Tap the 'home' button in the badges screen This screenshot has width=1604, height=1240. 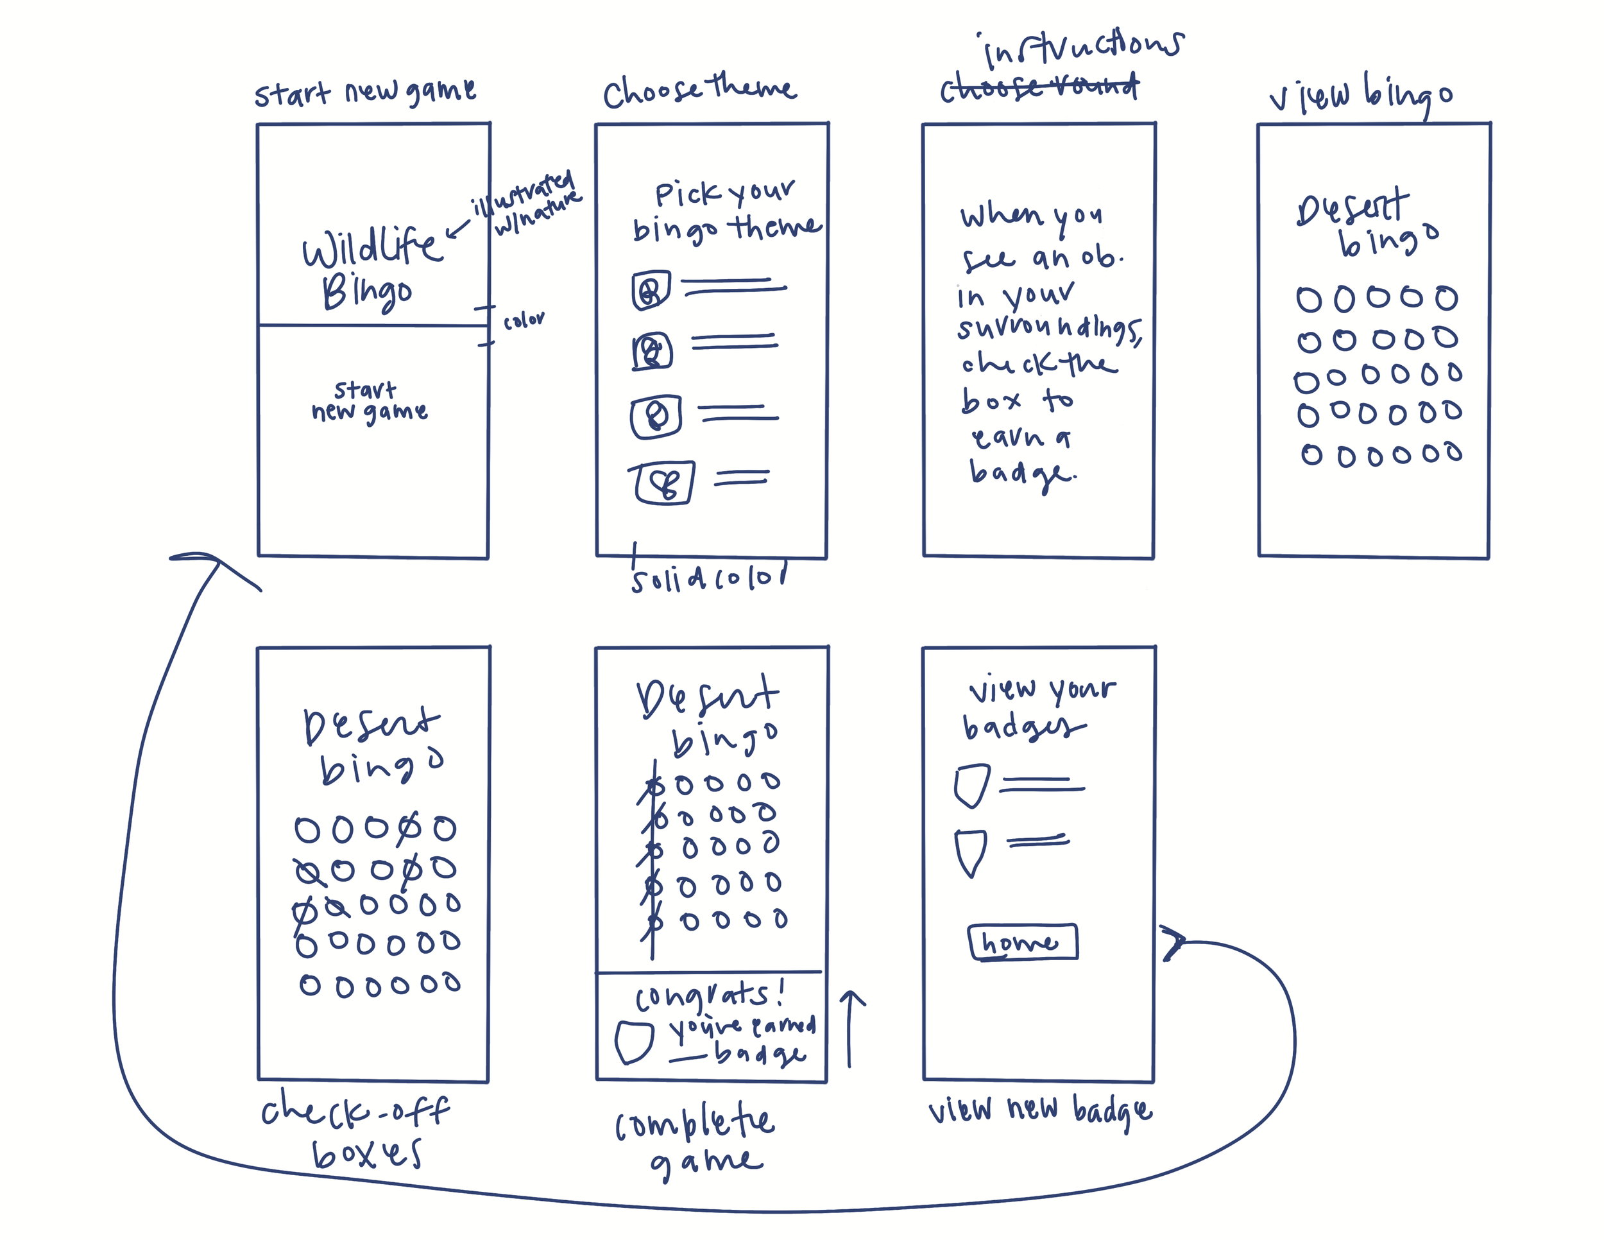tap(1022, 942)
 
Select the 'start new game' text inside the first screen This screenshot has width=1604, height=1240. tap(369, 401)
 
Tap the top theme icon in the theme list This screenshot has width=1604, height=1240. tap(651, 290)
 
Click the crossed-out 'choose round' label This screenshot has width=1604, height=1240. tap(1039, 88)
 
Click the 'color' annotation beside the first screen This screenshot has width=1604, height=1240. tap(524, 320)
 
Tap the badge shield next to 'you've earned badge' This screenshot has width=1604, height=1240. tap(633, 1042)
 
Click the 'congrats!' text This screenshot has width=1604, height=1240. tap(709, 995)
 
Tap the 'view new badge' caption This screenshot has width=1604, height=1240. tap(1039, 1111)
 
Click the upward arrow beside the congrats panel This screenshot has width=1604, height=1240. tap(851, 1028)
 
